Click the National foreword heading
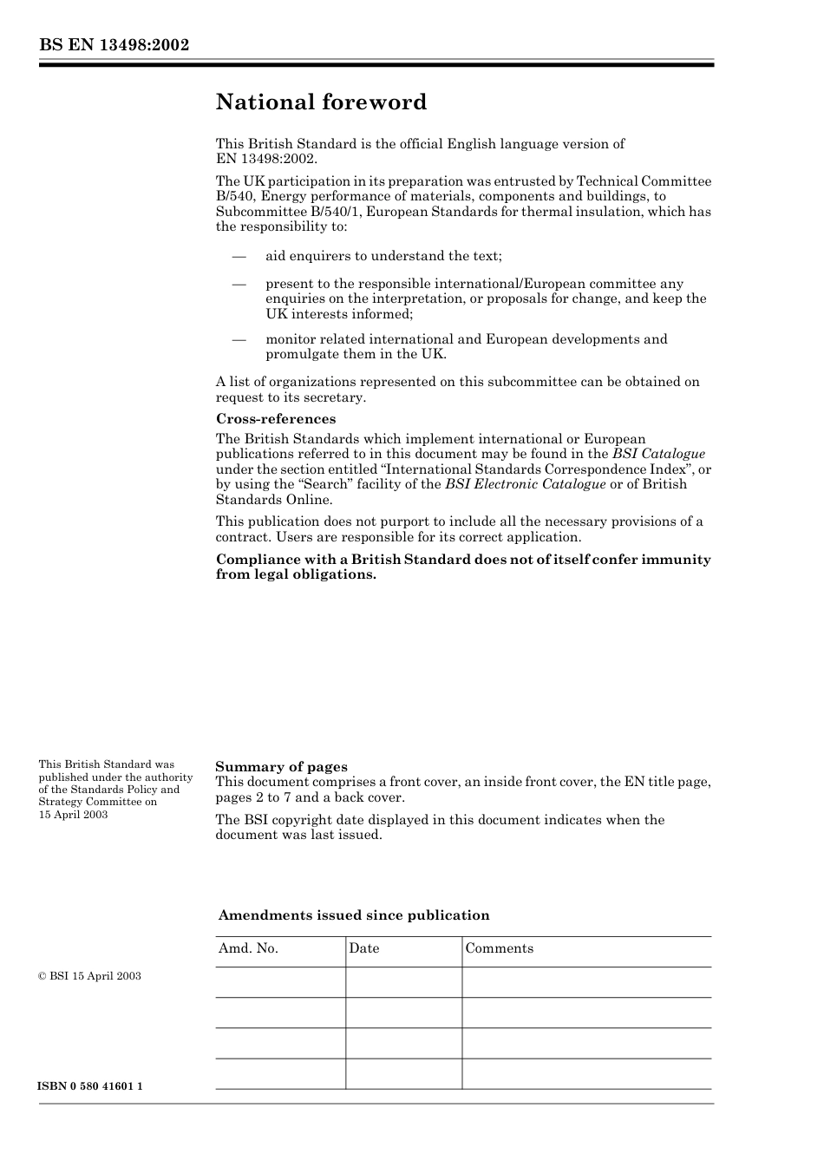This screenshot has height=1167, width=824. (321, 102)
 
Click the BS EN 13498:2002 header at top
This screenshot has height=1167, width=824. (114, 45)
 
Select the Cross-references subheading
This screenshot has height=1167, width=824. (275, 419)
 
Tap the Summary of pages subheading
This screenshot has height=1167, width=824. (281, 766)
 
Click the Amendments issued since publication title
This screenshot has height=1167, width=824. (354, 915)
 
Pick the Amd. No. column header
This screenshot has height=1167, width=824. (248, 948)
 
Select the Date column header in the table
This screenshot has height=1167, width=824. (364, 948)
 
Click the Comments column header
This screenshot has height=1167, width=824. (500, 948)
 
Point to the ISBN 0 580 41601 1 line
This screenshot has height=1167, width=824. (90, 1087)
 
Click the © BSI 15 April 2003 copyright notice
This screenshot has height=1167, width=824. (89, 976)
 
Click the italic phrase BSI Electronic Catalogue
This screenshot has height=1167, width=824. (525, 484)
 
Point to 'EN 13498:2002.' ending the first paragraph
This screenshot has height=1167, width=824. (266, 159)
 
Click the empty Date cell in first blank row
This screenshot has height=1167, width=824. (403, 982)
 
